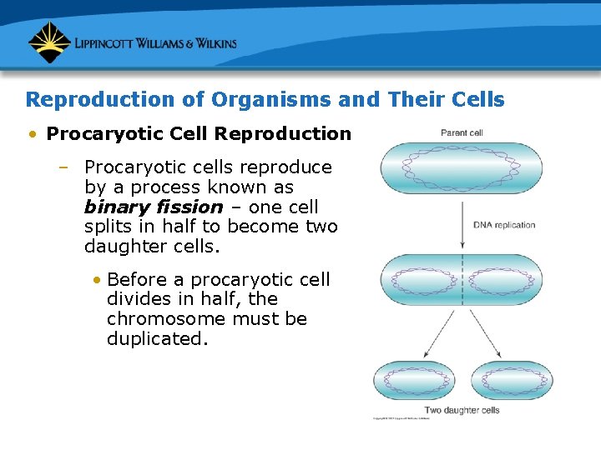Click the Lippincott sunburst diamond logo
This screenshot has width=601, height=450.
coord(49,42)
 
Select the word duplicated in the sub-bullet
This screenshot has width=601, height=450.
coord(156,339)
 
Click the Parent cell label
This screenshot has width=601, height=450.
coord(462,133)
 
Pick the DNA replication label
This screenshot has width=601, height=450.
coord(504,225)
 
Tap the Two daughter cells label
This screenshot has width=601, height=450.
coord(462,410)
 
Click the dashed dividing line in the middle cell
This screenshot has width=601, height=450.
coord(462,281)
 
